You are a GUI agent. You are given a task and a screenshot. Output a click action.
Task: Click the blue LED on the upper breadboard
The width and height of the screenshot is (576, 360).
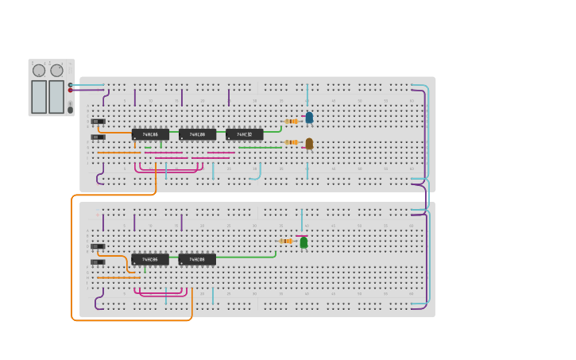(309, 118)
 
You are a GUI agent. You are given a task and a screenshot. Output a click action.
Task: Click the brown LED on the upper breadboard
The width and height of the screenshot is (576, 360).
(309, 143)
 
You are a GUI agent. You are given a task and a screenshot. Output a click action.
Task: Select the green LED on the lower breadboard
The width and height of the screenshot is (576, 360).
(303, 242)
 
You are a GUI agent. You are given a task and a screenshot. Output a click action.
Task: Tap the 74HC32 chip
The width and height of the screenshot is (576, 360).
(244, 134)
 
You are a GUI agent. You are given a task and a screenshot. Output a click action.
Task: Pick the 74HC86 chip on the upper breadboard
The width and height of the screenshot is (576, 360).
(150, 134)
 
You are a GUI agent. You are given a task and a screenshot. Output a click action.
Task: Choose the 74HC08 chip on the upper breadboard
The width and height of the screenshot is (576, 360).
(197, 134)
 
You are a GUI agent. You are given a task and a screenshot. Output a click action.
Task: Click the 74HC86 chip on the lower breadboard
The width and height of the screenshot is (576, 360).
(150, 259)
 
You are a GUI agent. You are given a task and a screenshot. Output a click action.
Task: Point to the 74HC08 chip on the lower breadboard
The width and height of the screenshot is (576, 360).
(197, 259)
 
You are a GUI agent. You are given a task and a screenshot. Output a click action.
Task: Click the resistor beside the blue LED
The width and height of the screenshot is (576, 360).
(292, 121)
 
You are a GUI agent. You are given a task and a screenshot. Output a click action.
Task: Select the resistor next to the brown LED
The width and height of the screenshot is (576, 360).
(292, 142)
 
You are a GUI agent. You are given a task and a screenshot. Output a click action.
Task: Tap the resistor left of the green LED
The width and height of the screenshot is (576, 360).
(286, 241)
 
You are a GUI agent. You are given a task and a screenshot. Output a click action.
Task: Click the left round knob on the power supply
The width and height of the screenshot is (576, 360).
(39, 71)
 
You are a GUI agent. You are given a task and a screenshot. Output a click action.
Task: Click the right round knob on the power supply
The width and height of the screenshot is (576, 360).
(56, 71)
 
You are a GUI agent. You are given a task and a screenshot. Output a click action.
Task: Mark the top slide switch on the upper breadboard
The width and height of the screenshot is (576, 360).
(98, 122)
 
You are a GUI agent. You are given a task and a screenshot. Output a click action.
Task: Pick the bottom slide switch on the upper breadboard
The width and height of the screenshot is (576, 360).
(98, 137)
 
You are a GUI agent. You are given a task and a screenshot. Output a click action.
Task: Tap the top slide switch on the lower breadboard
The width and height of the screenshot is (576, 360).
(98, 246)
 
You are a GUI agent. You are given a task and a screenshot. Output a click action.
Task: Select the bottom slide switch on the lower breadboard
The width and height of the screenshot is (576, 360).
(98, 261)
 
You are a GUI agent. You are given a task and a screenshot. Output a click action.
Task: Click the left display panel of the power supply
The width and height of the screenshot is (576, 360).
(39, 96)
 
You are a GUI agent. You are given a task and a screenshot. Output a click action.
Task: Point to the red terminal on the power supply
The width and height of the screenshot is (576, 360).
(70, 90)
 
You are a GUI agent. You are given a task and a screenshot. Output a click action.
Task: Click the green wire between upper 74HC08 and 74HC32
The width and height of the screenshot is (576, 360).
(221, 130)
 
